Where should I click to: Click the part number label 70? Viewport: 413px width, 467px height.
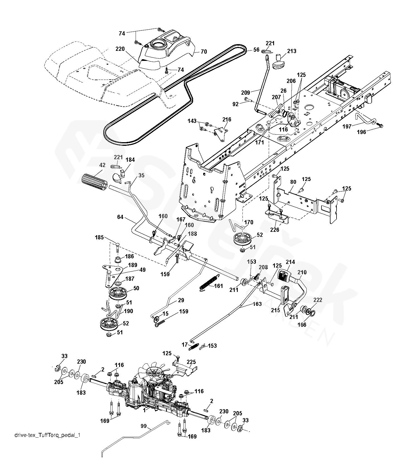click(204, 51)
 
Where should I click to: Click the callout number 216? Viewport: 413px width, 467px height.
click(227, 120)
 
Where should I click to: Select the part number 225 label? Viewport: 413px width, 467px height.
click(191, 362)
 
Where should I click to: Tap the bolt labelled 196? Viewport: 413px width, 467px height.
click(379, 125)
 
